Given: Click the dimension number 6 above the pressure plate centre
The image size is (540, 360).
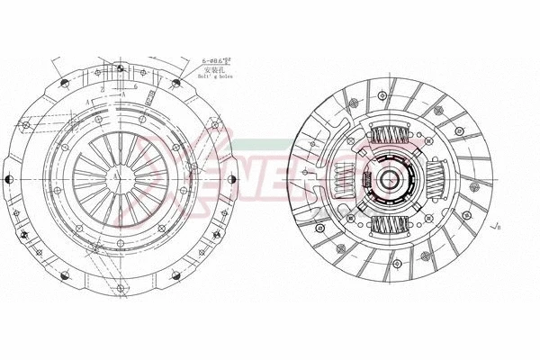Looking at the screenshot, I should (x=135, y=86).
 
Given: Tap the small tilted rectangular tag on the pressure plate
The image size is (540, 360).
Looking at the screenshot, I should (x=151, y=94).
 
